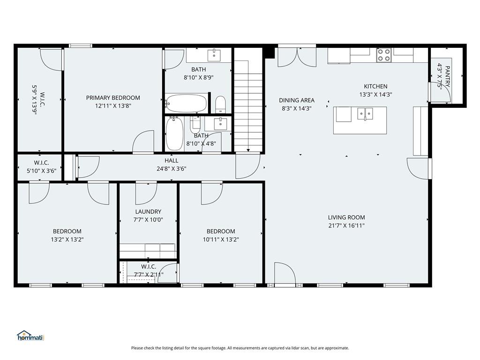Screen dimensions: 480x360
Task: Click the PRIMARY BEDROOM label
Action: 113,98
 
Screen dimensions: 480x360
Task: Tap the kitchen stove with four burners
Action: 384,55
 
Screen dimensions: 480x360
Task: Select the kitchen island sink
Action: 365,114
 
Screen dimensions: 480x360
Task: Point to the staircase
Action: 248,106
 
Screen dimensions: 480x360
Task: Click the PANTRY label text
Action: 447,76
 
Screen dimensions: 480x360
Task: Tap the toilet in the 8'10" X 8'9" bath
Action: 220,105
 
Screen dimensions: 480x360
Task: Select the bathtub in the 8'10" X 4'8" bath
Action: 174,134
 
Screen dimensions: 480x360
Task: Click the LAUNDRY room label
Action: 148,211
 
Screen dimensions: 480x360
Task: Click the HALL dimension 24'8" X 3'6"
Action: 172,169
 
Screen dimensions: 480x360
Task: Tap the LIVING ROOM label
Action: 346,217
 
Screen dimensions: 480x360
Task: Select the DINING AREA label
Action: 297,100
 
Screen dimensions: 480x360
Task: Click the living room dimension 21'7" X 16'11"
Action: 346,225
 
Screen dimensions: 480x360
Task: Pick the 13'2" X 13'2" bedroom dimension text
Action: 67,240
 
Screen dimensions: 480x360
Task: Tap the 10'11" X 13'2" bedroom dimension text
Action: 221,240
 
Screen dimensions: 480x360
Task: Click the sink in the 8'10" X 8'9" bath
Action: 214,55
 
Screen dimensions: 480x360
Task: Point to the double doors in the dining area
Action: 297,57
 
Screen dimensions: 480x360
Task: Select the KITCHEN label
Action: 375,86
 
